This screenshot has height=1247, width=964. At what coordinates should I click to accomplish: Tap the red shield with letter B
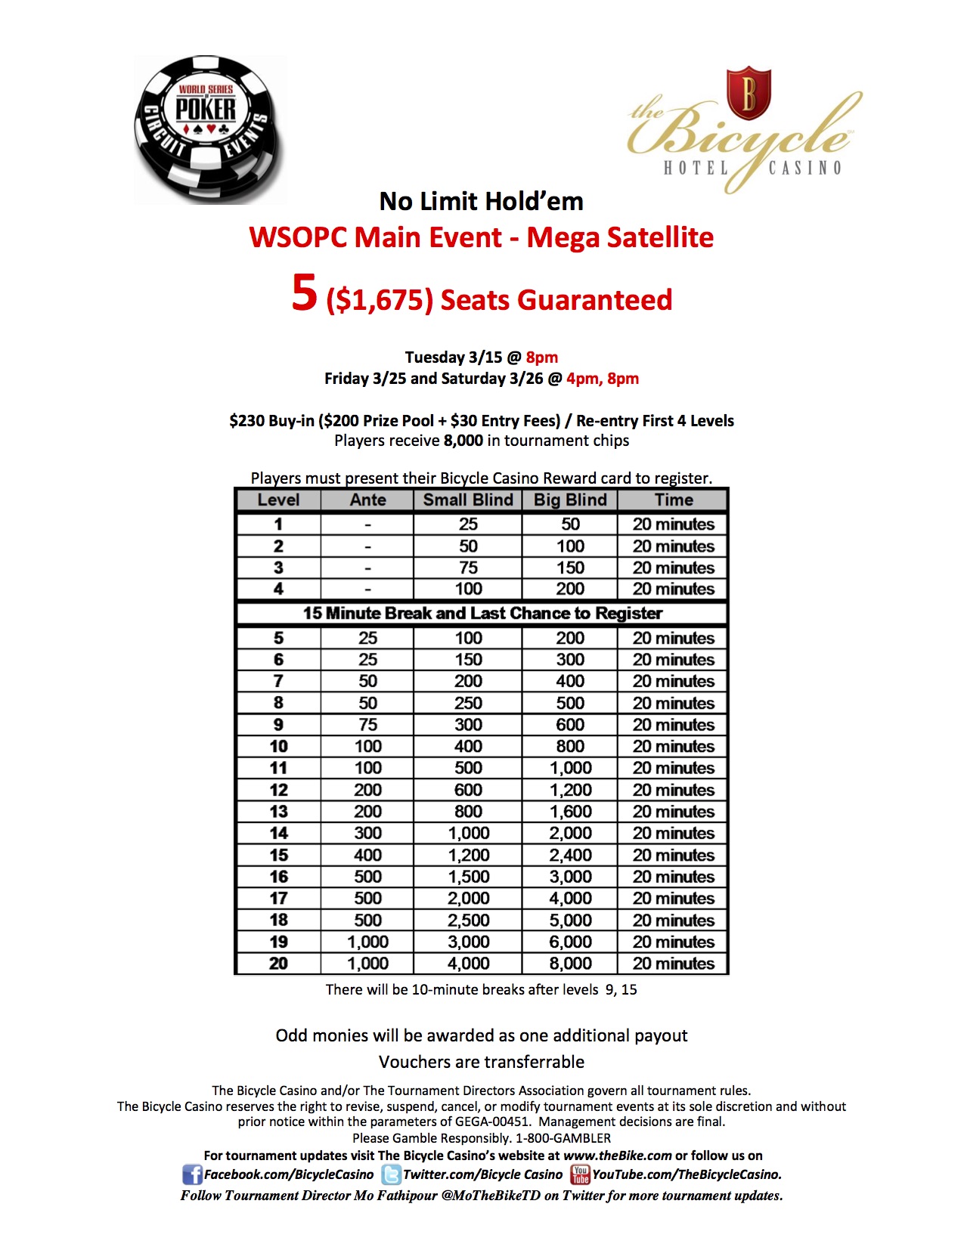coord(748,92)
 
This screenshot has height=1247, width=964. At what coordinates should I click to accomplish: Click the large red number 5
coord(304,293)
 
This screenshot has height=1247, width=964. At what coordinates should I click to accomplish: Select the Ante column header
coord(367,500)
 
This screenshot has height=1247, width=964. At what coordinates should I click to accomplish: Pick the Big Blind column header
coord(570,500)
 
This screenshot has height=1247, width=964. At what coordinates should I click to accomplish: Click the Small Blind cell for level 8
coord(468,703)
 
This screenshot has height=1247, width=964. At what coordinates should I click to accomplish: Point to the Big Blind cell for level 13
coord(570,812)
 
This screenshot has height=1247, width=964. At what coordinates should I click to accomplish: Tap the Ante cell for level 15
coord(367,855)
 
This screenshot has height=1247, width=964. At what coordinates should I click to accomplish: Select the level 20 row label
coord(278,964)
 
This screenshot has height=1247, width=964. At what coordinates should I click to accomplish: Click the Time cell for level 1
coord(673,524)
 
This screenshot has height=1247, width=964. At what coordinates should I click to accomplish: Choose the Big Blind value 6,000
coord(570,942)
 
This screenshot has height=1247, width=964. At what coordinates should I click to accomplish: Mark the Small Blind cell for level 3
coord(468,568)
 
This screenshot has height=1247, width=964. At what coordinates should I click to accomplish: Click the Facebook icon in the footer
coord(192,1175)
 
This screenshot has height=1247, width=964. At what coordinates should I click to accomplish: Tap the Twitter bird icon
coord(391,1175)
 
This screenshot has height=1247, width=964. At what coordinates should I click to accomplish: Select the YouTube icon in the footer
coord(580,1175)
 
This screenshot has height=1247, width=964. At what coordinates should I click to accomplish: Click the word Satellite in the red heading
coord(661,237)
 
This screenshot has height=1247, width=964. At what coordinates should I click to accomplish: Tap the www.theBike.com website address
coord(617,1156)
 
